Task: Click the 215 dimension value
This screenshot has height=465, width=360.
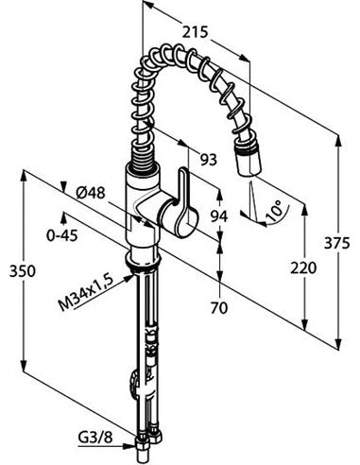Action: [x=196, y=32]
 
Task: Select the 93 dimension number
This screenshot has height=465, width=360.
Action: [x=209, y=160]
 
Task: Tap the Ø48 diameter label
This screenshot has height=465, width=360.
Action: [x=91, y=192]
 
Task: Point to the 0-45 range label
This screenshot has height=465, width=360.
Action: [x=62, y=235]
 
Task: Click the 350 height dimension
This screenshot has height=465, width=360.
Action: [x=23, y=271]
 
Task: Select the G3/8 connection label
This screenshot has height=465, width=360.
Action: [x=95, y=438]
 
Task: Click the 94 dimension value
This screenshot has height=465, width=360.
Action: [x=219, y=216]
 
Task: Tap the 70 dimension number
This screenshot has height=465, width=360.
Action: [x=219, y=308]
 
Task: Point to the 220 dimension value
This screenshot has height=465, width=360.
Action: [x=303, y=268]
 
